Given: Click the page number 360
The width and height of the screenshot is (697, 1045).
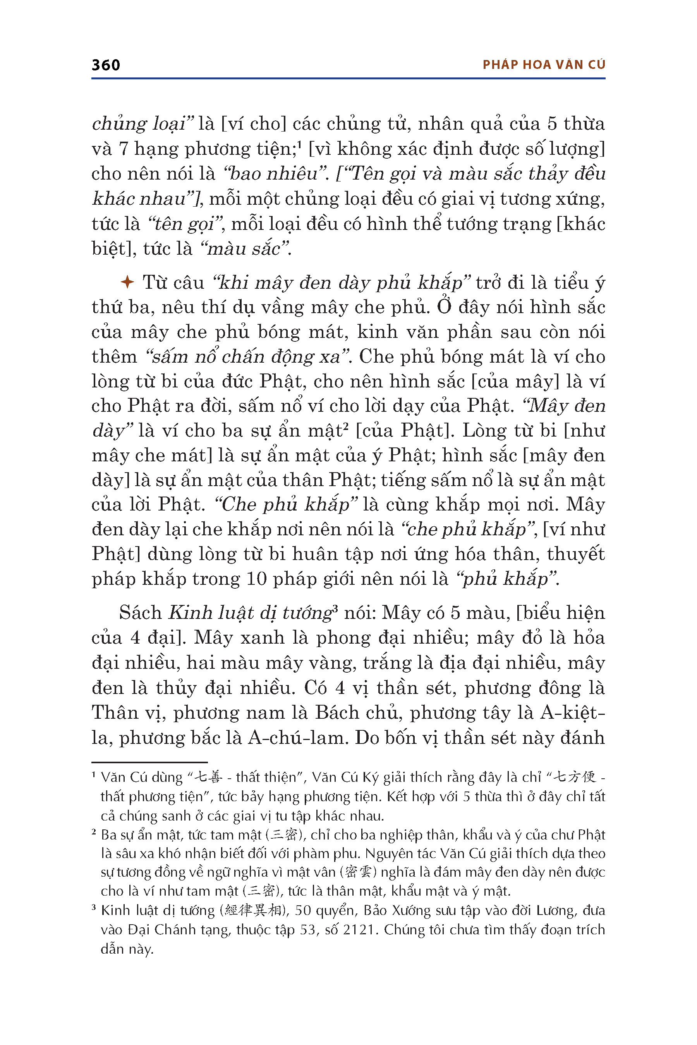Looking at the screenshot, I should point(106,65).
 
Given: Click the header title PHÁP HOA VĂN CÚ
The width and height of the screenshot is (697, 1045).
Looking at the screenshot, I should point(544,65).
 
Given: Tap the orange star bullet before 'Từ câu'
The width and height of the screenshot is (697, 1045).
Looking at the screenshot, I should point(127,282).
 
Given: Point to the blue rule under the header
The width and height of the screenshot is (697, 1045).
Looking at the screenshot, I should point(348,79).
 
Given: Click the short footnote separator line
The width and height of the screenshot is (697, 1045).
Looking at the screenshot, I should point(149,762).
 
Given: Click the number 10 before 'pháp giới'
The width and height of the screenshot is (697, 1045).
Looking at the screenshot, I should point(256,579).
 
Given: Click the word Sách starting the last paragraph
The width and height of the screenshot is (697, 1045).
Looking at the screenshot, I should point(140,613).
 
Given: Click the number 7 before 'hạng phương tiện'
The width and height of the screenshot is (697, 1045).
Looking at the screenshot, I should point(123,149).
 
